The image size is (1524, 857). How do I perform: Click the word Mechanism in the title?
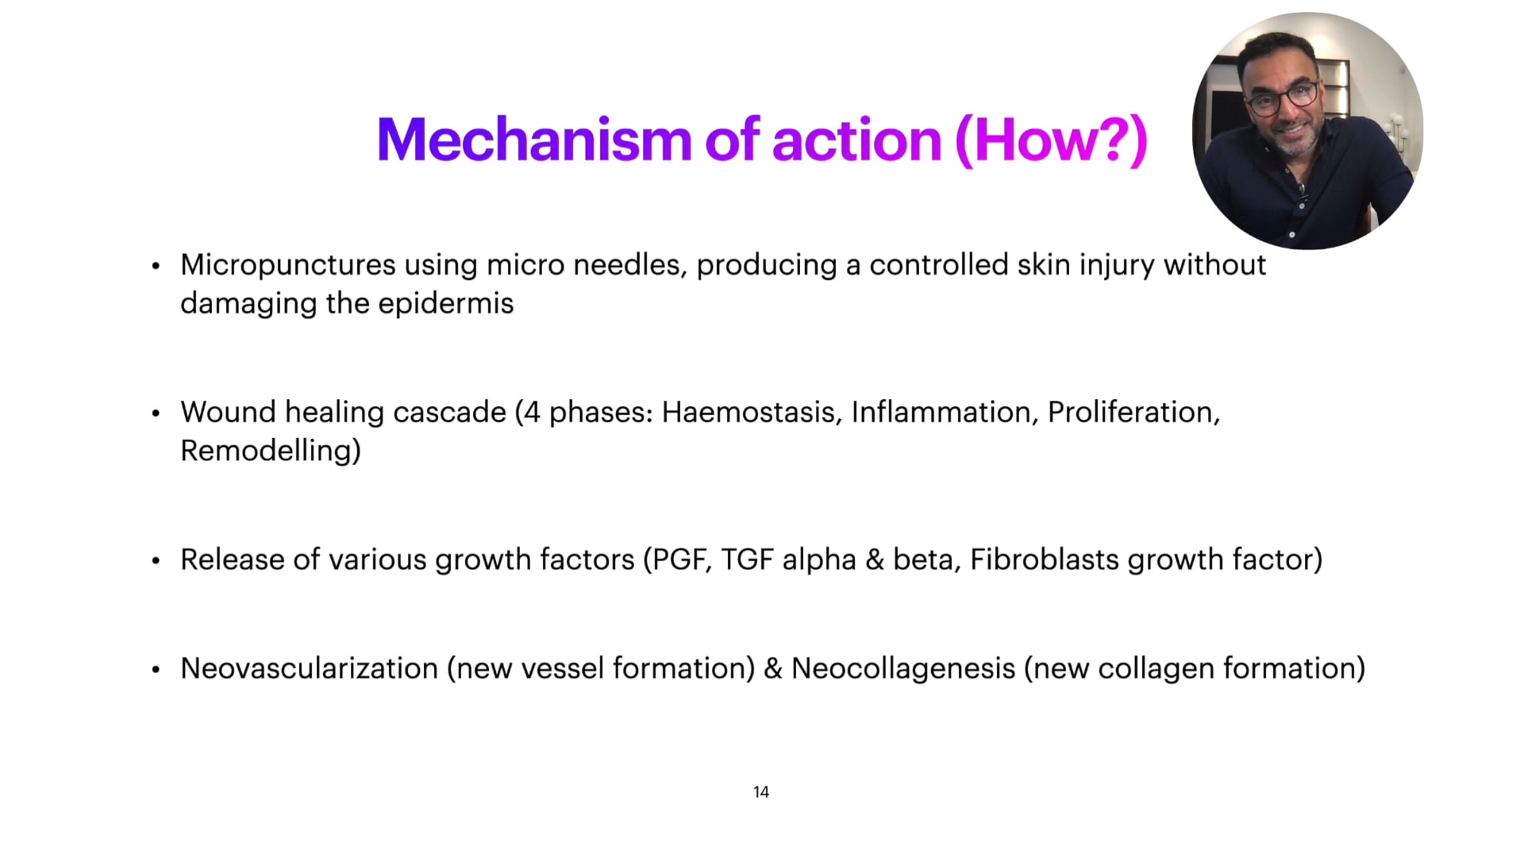point(534,140)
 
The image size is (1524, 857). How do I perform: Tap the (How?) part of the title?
point(1051,140)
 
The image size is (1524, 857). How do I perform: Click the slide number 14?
point(760,792)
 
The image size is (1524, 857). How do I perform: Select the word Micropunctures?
point(287,266)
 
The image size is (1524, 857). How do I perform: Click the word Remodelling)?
point(271,451)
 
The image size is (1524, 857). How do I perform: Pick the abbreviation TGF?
point(747,560)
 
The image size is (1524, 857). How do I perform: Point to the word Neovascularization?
point(309,669)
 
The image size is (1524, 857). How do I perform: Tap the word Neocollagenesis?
point(902,669)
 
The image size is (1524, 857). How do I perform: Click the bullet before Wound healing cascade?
point(156,414)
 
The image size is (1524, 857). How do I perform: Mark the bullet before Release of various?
point(156,562)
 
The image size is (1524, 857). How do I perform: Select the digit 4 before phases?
point(532,413)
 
